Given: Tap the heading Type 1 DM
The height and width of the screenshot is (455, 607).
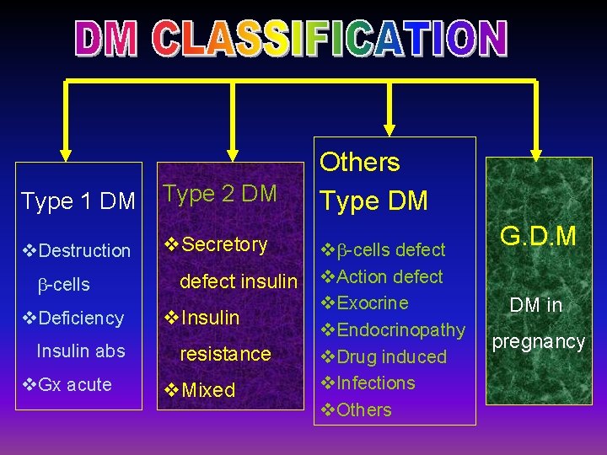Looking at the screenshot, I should [78, 201].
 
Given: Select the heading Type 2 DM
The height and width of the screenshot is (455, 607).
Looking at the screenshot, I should [219, 194].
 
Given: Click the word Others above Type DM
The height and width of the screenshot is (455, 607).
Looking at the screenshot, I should [359, 163].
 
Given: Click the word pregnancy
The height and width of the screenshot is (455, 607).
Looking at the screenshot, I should [538, 341].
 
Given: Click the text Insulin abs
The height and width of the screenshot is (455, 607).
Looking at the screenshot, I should [81, 351].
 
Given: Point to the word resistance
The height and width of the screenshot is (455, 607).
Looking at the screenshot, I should [225, 354].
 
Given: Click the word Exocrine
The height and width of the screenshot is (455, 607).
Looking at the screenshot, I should [372, 303].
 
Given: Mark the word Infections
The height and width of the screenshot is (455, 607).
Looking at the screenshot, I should [375, 383].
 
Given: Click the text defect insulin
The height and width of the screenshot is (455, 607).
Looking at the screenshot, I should [239, 281].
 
